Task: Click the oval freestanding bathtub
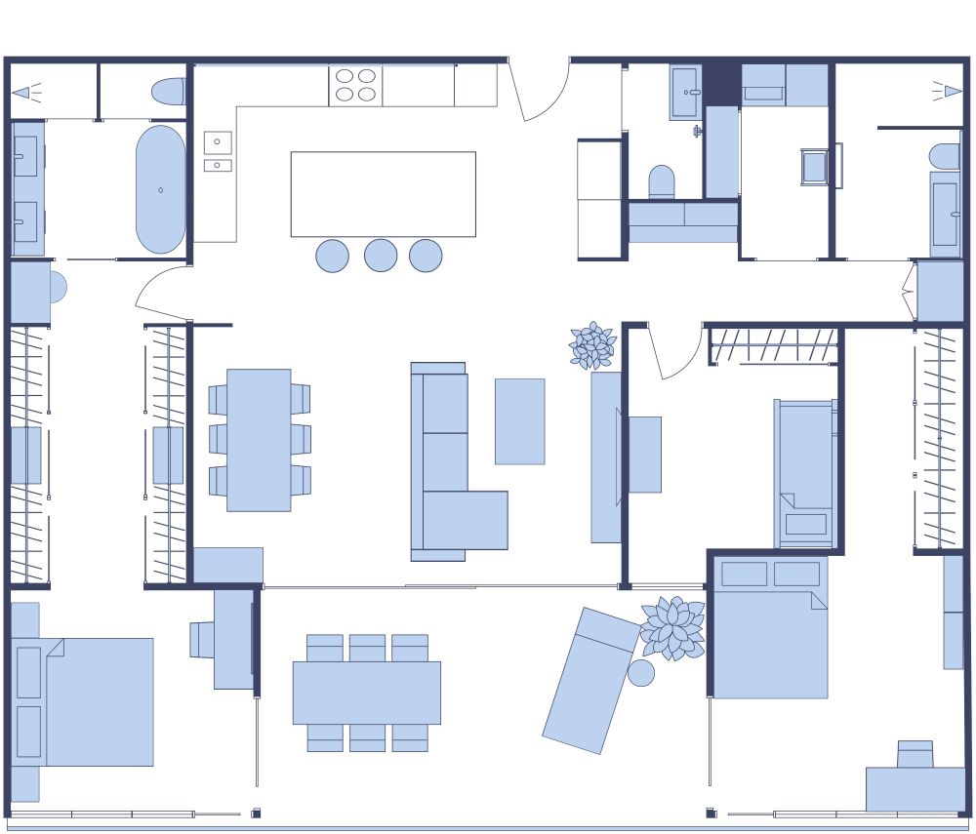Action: tap(160, 189)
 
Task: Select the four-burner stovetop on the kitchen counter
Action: tap(355, 85)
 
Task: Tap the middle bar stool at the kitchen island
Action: tap(381, 256)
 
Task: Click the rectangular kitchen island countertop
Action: tap(383, 194)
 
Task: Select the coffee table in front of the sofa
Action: tap(519, 421)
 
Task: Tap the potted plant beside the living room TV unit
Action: tap(592, 345)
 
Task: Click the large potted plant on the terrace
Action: tap(672, 627)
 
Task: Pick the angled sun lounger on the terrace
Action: tap(590, 681)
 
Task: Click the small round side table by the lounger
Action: tap(641, 673)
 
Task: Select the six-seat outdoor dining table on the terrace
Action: tap(366, 693)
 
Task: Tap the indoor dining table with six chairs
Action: tap(259, 440)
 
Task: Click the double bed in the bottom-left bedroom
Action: tap(88, 701)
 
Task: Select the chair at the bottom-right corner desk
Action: tap(915, 754)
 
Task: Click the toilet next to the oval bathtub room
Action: tap(169, 92)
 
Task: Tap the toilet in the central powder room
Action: tap(662, 181)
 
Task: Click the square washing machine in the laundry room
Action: tap(815, 167)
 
